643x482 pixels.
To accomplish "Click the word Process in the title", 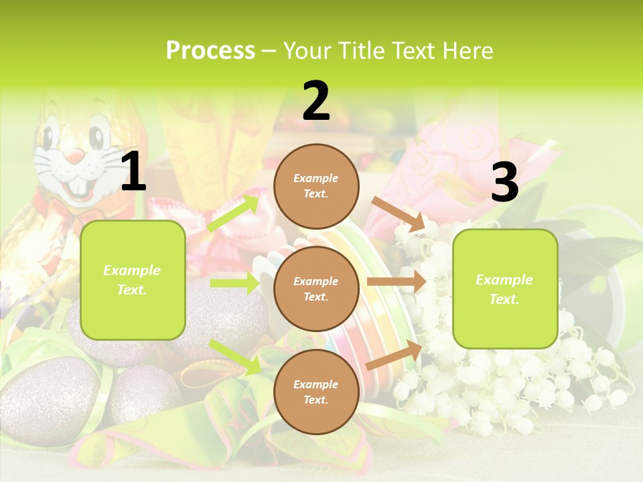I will tap(210, 51).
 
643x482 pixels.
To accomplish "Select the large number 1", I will tap(133, 172).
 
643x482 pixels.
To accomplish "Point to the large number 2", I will tap(316, 101).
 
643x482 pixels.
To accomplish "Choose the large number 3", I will tap(504, 182).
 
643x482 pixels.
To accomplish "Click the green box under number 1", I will tap(133, 280).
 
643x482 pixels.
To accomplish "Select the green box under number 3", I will tap(505, 289).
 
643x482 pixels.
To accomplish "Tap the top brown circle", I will tap(316, 186).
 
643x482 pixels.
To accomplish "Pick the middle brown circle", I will tap(316, 289).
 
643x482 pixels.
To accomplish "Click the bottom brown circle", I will tap(316, 392).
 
